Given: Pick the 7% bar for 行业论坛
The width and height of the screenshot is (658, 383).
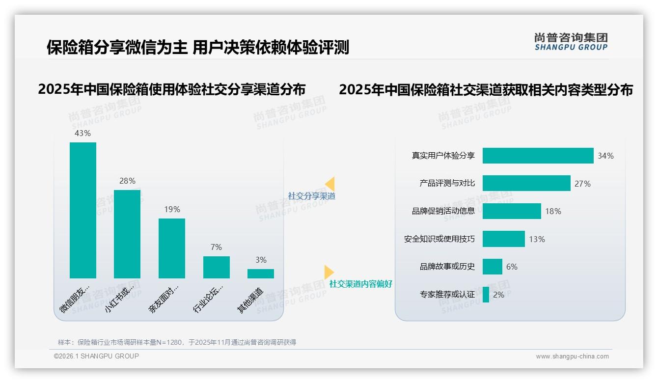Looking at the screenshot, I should [216, 267].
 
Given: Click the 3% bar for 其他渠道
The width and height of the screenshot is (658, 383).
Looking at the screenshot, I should [261, 274].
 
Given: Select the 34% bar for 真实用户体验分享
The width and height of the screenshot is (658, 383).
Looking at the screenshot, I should [538, 156].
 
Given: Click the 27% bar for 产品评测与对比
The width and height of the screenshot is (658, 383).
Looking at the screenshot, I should [526, 183].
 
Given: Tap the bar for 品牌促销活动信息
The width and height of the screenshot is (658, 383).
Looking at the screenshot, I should [512, 211].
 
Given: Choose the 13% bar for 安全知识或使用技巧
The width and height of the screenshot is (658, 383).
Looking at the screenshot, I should [503, 239].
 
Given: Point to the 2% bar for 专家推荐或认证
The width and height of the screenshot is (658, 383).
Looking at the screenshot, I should [486, 295].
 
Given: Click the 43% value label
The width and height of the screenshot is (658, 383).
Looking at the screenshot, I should [82, 133].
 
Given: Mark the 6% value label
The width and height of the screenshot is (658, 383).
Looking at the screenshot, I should [512, 267].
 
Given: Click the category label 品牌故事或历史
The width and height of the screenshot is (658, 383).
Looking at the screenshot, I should [447, 267].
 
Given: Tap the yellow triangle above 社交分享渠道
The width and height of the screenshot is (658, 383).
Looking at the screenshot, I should [329, 184].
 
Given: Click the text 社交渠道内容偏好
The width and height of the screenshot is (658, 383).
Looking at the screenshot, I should [361, 284].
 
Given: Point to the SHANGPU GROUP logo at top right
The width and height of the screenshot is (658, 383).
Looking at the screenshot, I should [571, 42].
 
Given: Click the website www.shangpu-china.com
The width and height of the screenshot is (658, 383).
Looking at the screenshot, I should [572, 356].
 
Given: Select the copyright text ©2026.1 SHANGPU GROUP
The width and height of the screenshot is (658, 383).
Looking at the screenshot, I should [96, 356].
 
